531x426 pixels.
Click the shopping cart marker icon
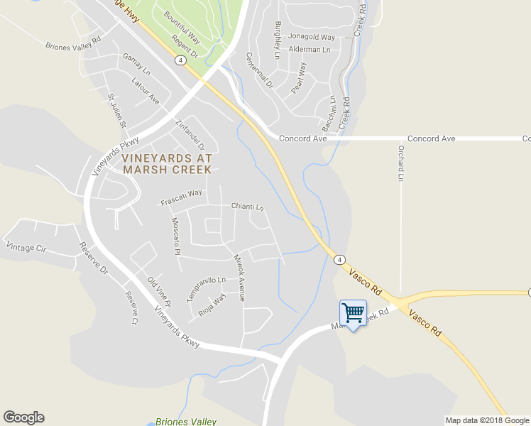pyautogui.click(x=353, y=313)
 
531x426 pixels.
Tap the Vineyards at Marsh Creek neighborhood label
pyautogui.click(x=166, y=163)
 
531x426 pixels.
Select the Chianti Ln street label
pyautogui.click(x=247, y=207)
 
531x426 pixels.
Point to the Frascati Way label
pyautogui.click(x=182, y=197)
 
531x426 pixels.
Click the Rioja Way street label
pyautogui.click(x=212, y=304)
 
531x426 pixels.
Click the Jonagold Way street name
pyautogui.click(x=312, y=37)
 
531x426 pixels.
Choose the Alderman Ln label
pyautogui.click(x=310, y=50)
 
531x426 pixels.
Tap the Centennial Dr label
pyautogui.click(x=259, y=70)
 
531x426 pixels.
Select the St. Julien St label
pyautogui.click(x=116, y=111)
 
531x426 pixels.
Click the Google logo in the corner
pyautogui.click(x=23, y=417)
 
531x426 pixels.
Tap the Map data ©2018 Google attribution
pyautogui.click(x=487, y=420)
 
